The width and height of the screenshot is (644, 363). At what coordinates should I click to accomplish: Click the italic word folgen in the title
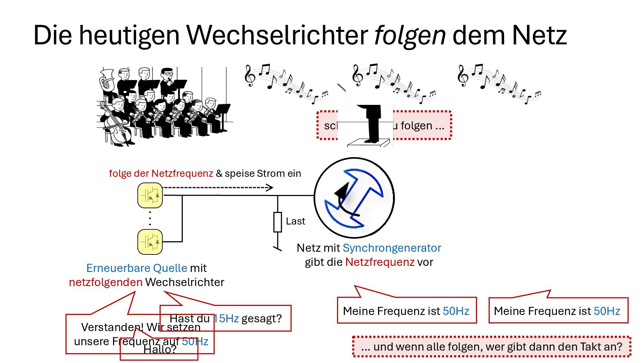[410, 35]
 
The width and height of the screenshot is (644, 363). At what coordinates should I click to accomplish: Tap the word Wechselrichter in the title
[277, 35]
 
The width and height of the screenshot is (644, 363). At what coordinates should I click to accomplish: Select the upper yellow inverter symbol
[150, 195]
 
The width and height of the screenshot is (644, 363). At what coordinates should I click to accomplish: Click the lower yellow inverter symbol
[150, 242]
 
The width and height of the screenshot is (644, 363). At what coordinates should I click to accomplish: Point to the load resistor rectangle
[277, 222]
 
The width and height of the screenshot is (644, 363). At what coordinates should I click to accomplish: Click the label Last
[296, 221]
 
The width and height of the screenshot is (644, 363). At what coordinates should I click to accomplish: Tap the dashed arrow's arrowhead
[270, 188]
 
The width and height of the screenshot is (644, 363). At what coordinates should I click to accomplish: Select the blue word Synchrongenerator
[391, 248]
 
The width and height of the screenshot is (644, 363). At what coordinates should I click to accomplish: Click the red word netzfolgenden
[106, 282]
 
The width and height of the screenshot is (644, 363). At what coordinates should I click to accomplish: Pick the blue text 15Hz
[226, 318]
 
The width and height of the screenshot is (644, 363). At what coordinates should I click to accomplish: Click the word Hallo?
[160, 350]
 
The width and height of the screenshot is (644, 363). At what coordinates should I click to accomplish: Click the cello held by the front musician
[116, 126]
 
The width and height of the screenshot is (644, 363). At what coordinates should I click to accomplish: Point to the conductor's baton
[341, 87]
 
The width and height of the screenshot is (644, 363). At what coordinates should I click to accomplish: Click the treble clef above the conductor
[358, 76]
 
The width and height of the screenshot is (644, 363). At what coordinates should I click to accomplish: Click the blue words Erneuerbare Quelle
[137, 268]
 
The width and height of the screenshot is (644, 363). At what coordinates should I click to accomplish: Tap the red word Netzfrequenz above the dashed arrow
[182, 173]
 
